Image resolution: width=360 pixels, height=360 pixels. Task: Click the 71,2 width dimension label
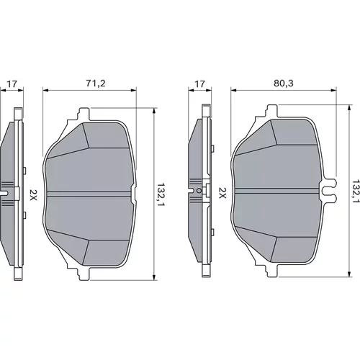[x=96, y=84]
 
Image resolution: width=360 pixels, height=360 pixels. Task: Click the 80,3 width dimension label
[x=284, y=84]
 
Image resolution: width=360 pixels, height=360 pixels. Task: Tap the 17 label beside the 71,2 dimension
[x=12, y=84]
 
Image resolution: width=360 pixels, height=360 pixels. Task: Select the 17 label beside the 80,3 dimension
[x=199, y=84]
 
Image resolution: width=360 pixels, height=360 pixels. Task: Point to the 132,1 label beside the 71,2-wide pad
[x=161, y=195]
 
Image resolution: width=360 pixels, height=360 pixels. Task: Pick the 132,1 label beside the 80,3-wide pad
[x=356, y=192]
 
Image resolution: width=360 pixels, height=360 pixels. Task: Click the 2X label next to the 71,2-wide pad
[x=33, y=195]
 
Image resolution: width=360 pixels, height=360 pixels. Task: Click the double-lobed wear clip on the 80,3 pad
[x=329, y=190]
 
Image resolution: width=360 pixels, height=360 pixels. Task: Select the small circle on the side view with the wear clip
[x=199, y=190]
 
